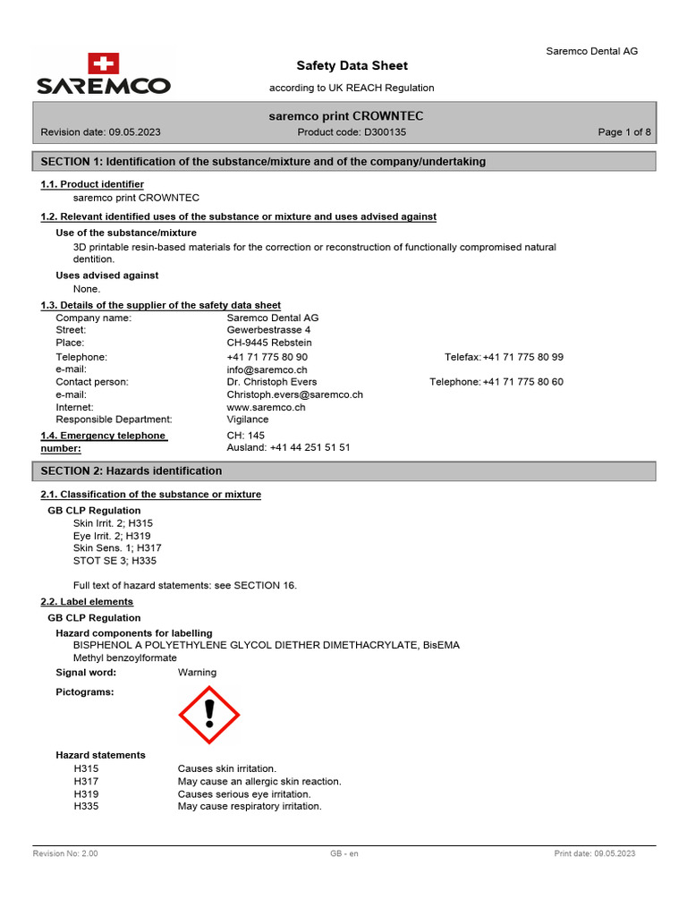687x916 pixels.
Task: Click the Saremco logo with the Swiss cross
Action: [104, 74]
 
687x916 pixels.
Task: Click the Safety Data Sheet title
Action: [352, 65]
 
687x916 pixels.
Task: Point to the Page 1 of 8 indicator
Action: [624, 132]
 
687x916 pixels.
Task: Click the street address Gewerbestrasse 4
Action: [268, 330]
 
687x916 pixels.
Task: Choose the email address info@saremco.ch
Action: [267, 369]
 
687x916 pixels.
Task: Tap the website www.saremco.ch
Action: [267, 407]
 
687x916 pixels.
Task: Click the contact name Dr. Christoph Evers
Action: [272, 382]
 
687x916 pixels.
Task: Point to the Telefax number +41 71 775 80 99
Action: [523, 357]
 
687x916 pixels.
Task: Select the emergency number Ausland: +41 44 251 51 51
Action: [288, 447]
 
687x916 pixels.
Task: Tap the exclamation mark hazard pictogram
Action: [209, 714]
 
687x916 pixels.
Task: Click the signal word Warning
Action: [197, 673]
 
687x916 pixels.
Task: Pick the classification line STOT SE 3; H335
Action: [114, 561]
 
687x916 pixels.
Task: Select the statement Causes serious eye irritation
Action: [244, 793]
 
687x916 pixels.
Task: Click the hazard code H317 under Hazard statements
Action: [86, 781]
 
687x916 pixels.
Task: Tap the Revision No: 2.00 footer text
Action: [65, 854]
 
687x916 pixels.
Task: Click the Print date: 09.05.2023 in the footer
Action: [595, 854]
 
